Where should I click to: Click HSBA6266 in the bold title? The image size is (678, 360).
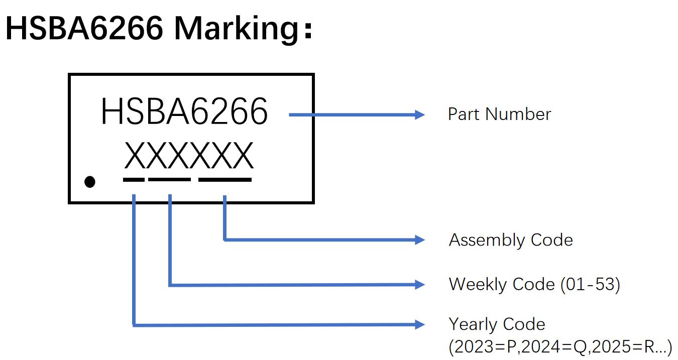[84, 29]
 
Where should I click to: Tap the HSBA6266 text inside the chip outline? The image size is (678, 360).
[184, 112]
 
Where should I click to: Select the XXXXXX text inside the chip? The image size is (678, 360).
[189, 156]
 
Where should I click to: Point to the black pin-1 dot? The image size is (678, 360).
[89, 181]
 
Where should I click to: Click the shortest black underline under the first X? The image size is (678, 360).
[134, 179]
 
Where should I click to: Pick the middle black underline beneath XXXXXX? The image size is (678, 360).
[170, 179]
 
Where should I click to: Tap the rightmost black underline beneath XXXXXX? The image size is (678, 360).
[225, 179]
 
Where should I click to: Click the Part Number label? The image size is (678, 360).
[499, 114]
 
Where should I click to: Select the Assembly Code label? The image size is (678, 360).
[511, 240]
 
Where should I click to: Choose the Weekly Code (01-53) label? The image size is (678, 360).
[534, 284]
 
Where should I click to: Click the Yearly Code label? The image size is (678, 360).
[497, 324]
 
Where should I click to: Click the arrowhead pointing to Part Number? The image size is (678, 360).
[419, 115]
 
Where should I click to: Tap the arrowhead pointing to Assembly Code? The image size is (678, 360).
[419, 240]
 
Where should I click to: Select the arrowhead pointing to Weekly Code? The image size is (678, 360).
[419, 285]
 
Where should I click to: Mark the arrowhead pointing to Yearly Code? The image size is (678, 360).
[419, 324]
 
